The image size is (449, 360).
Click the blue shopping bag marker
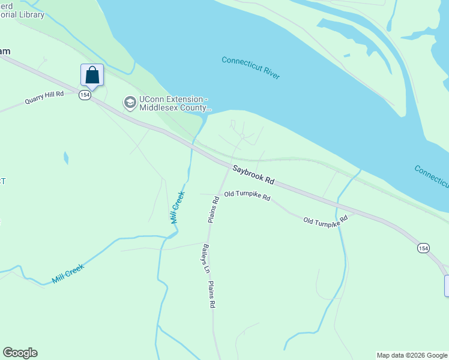click(x=92, y=76)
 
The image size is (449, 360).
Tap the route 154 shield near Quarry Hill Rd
click(x=85, y=95)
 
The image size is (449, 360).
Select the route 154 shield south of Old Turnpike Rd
click(x=423, y=248)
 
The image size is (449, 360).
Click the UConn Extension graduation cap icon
click(x=130, y=103)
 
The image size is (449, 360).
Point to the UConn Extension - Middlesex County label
click(x=175, y=104)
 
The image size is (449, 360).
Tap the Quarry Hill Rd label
click(x=44, y=98)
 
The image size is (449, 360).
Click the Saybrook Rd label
click(x=253, y=175)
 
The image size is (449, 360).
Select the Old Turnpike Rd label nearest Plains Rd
click(x=247, y=196)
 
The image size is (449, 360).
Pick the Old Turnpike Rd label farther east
click(x=325, y=221)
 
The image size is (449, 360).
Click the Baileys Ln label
click(x=205, y=259)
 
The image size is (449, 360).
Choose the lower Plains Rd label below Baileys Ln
click(x=211, y=295)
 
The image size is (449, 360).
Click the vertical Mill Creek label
click(x=176, y=208)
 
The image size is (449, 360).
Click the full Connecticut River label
click(x=251, y=68)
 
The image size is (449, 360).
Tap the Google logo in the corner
click(x=20, y=353)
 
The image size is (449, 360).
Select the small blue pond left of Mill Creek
click(x=66, y=158)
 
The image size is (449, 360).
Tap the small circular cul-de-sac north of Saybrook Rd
click(x=242, y=137)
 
